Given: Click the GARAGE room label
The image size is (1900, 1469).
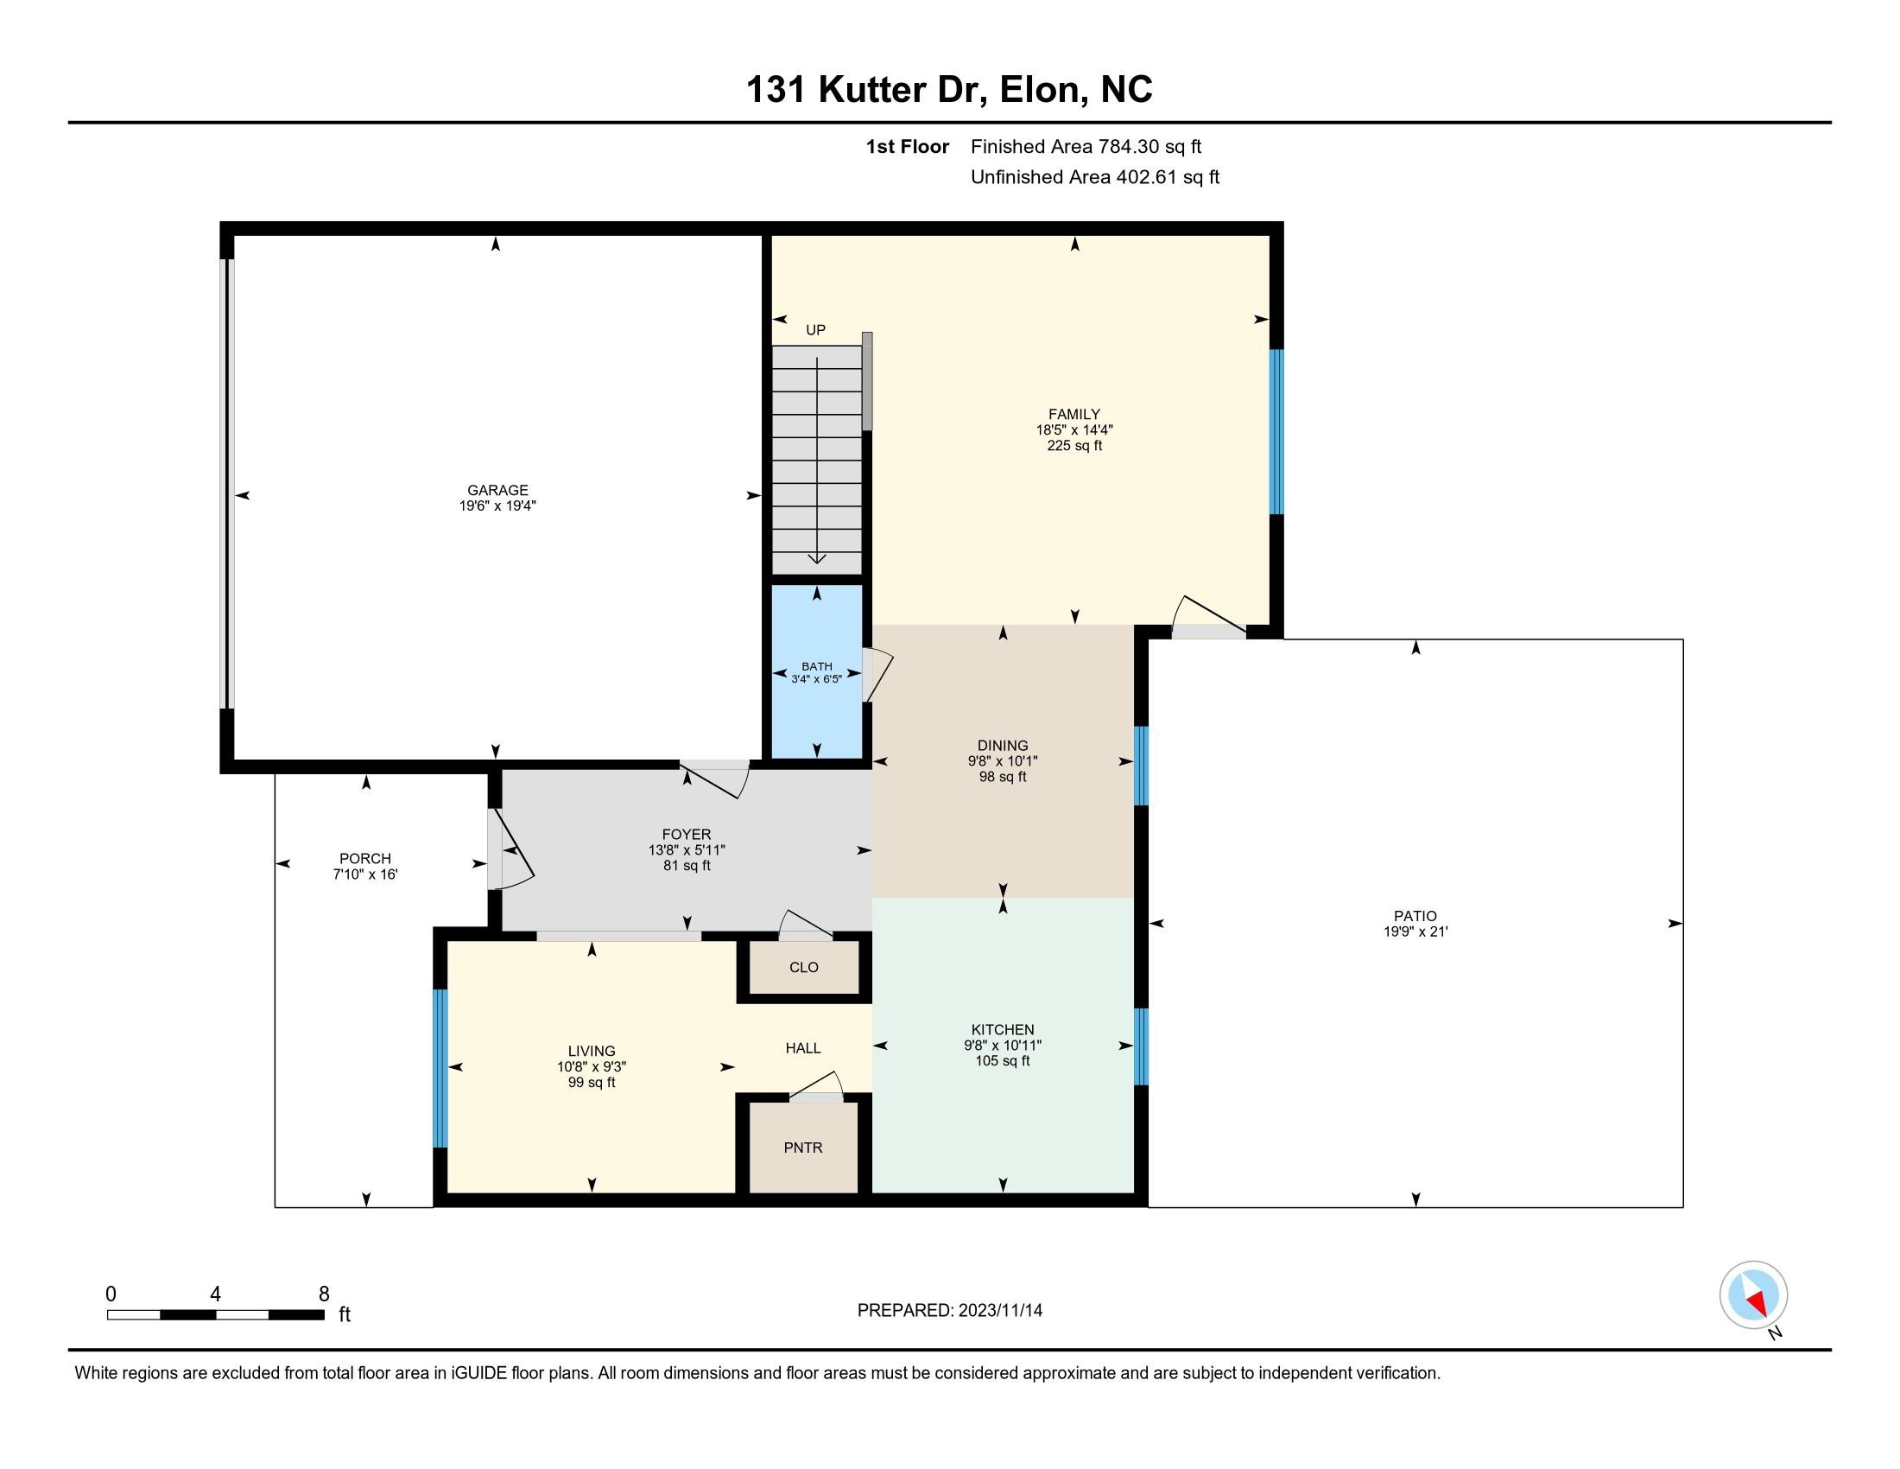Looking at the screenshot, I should (497, 490).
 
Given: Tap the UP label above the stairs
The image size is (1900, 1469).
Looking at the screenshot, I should (815, 330).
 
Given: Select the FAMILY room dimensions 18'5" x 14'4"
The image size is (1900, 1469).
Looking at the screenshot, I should (1073, 430).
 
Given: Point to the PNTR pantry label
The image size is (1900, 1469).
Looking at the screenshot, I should (802, 1147).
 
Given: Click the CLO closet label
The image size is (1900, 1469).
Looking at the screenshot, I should (803, 967).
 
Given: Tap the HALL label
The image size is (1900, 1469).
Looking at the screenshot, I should (802, 1048).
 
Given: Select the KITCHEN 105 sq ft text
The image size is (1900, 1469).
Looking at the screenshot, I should (1002, 1061).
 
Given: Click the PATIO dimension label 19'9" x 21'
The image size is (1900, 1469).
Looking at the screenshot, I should (1415, 932).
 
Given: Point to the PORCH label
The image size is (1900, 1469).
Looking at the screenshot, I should (364, 858).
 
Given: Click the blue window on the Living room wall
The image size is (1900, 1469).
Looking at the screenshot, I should (440, 1068).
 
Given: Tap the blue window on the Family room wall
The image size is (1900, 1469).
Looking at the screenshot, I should (1276, 432).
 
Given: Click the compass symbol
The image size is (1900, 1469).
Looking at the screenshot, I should (1753, 1295).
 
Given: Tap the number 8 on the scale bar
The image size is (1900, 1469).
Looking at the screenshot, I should (324, 1294).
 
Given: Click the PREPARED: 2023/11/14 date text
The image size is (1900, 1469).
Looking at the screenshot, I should (949, 1311).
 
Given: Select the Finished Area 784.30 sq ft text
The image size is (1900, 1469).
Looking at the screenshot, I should (1085, 147).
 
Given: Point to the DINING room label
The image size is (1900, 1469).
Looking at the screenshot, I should (1002, 745).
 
